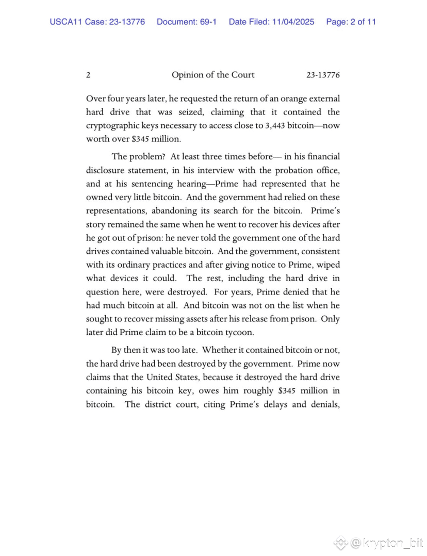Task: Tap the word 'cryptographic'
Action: (x=112, y=125)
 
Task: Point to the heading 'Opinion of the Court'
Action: (x=213, y=75)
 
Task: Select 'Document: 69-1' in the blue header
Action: (x=187, y=22)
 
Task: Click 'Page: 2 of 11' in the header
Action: (x=351, y=22)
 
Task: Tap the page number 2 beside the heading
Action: (x=88, y=75)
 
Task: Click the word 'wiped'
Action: (x=329, y=265)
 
